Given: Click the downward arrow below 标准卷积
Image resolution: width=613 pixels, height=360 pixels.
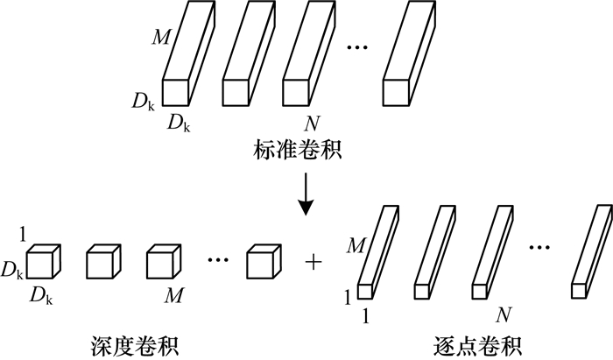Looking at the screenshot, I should [x=306, y=197].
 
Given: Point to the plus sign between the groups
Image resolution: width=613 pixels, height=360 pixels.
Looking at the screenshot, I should [x=311, y=260].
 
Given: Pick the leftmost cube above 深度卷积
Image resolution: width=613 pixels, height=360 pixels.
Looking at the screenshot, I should [x=41, y=262].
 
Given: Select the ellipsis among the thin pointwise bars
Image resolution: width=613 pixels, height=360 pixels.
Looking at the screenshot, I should [x=541, y=248].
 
